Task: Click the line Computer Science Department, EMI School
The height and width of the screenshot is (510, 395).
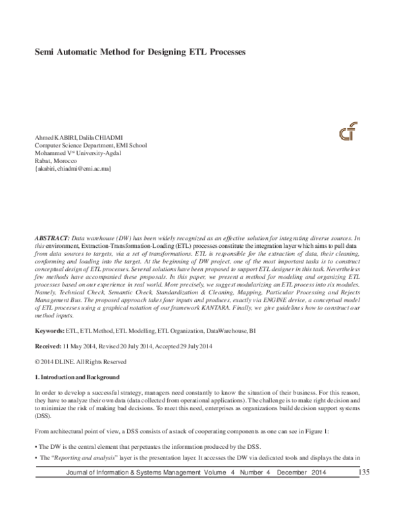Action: tap(90, 145)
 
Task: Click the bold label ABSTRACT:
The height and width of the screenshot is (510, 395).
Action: tap(52, 235)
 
